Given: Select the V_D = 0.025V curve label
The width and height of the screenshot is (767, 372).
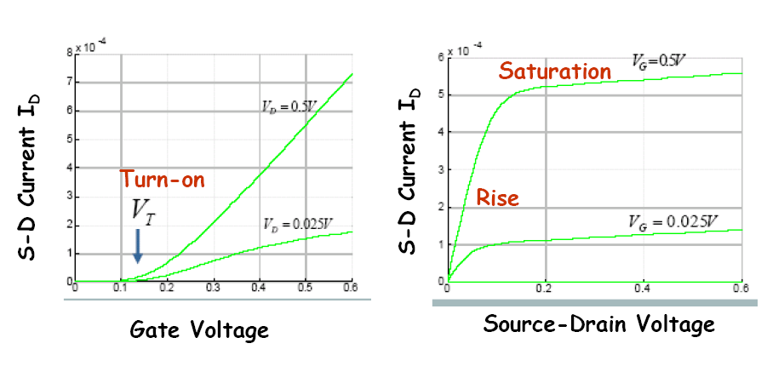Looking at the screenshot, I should pos(297,225).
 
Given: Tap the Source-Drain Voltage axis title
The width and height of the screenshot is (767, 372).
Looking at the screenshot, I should pos(599,324).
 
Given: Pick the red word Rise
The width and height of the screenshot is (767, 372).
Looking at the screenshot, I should pos(497,198).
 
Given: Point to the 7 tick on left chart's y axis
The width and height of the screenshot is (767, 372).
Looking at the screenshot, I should pos(68,83).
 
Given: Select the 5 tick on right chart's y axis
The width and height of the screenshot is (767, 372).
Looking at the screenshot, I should pos(440,94).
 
